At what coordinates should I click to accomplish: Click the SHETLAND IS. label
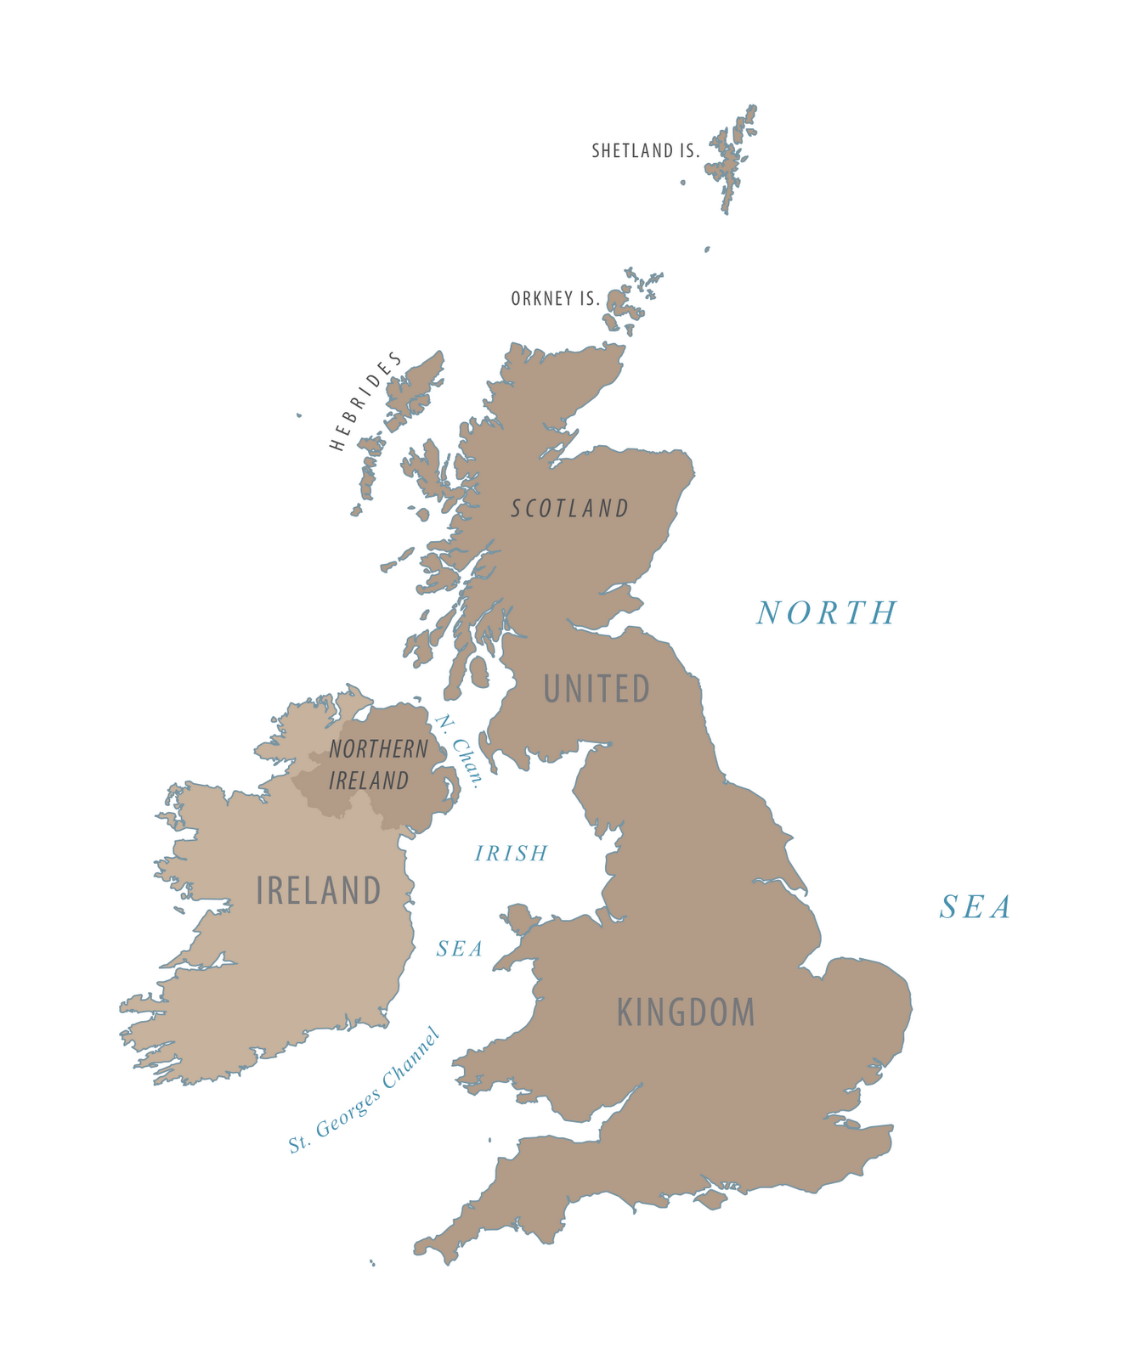(646, 151)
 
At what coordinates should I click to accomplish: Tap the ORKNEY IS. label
(556, 299)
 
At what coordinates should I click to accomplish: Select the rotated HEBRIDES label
(366, 401)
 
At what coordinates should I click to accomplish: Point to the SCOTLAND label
(570, 509)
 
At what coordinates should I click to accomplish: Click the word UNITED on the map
(597, 690)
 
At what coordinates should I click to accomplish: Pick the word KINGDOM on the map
(686, 1012)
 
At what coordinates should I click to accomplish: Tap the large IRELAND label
(319, 891)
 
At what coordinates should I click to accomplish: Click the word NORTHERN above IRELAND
(379, 749)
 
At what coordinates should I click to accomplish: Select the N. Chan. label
(459, 751)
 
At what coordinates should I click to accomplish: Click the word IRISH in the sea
(512, 854)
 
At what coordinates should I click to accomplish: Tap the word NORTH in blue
(827, 613)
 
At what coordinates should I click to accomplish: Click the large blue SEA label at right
(976, 908)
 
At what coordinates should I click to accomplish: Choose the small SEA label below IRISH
(460, 949)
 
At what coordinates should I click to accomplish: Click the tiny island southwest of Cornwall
(372, 1263)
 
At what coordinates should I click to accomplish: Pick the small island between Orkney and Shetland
(706, 250)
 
